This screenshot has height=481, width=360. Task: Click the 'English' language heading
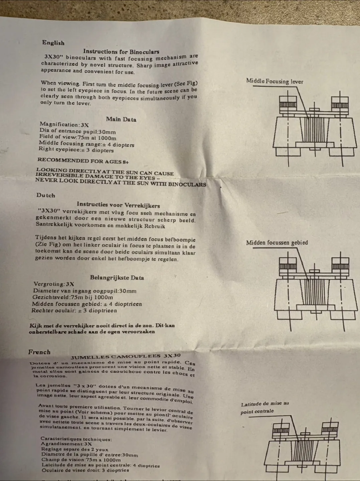[x=53, y=43]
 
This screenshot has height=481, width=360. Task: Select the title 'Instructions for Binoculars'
[x=121, y=52]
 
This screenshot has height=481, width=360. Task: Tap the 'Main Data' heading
[x=121, y=119]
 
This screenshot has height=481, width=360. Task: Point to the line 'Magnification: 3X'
[x=64, y=125]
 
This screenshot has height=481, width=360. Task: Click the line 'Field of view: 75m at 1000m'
[x=78, y=137]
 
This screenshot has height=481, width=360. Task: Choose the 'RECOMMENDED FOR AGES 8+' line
[x=83, y=161]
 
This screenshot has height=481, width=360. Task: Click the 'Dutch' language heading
[x=46, y=195]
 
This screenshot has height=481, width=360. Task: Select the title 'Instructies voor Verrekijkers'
[x=118, y=205]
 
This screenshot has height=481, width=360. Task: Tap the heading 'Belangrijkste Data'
[x=117, y=278]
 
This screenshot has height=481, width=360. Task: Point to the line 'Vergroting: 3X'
[x=54, y=284]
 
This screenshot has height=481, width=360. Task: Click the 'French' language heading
[x=39, y=352]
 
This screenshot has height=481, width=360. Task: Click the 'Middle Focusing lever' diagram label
[x=275, y=81]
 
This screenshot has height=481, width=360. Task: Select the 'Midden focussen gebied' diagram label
[x=277, y=243]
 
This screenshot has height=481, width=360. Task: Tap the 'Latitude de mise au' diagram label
[x=265, y=404]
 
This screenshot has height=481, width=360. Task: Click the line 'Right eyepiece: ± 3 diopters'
[x=76, y=150]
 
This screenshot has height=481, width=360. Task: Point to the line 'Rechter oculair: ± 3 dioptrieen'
[x=74, y=310]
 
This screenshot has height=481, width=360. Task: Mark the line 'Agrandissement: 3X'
[x=66, y=444]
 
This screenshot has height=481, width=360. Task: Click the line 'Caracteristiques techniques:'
[x=76, y=439]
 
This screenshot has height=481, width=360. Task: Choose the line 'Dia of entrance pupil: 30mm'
[x=77, y=131]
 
